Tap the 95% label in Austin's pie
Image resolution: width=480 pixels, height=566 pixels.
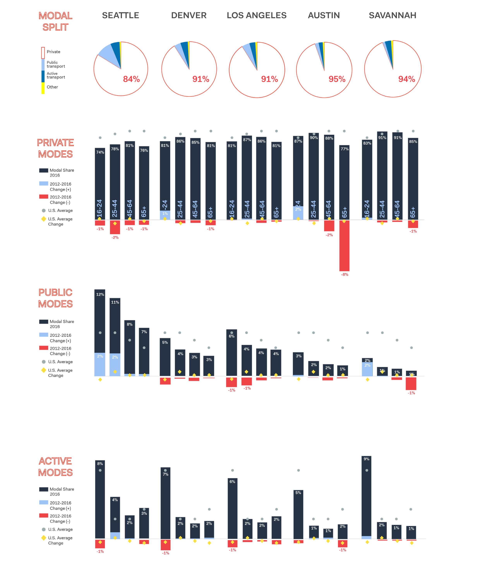337,79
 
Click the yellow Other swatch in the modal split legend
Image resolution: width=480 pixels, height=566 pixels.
43,88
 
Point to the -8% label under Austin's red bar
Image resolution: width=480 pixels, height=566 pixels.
345,274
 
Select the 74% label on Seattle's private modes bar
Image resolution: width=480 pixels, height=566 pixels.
100,152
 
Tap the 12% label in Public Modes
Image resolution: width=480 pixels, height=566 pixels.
100,294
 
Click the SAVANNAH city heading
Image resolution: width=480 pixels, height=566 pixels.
392,15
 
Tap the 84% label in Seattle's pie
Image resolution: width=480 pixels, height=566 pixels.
131,79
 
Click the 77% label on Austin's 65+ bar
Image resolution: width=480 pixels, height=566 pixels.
345,149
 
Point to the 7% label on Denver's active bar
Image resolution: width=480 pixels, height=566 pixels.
165,474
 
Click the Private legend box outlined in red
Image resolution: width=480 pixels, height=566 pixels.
43,53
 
